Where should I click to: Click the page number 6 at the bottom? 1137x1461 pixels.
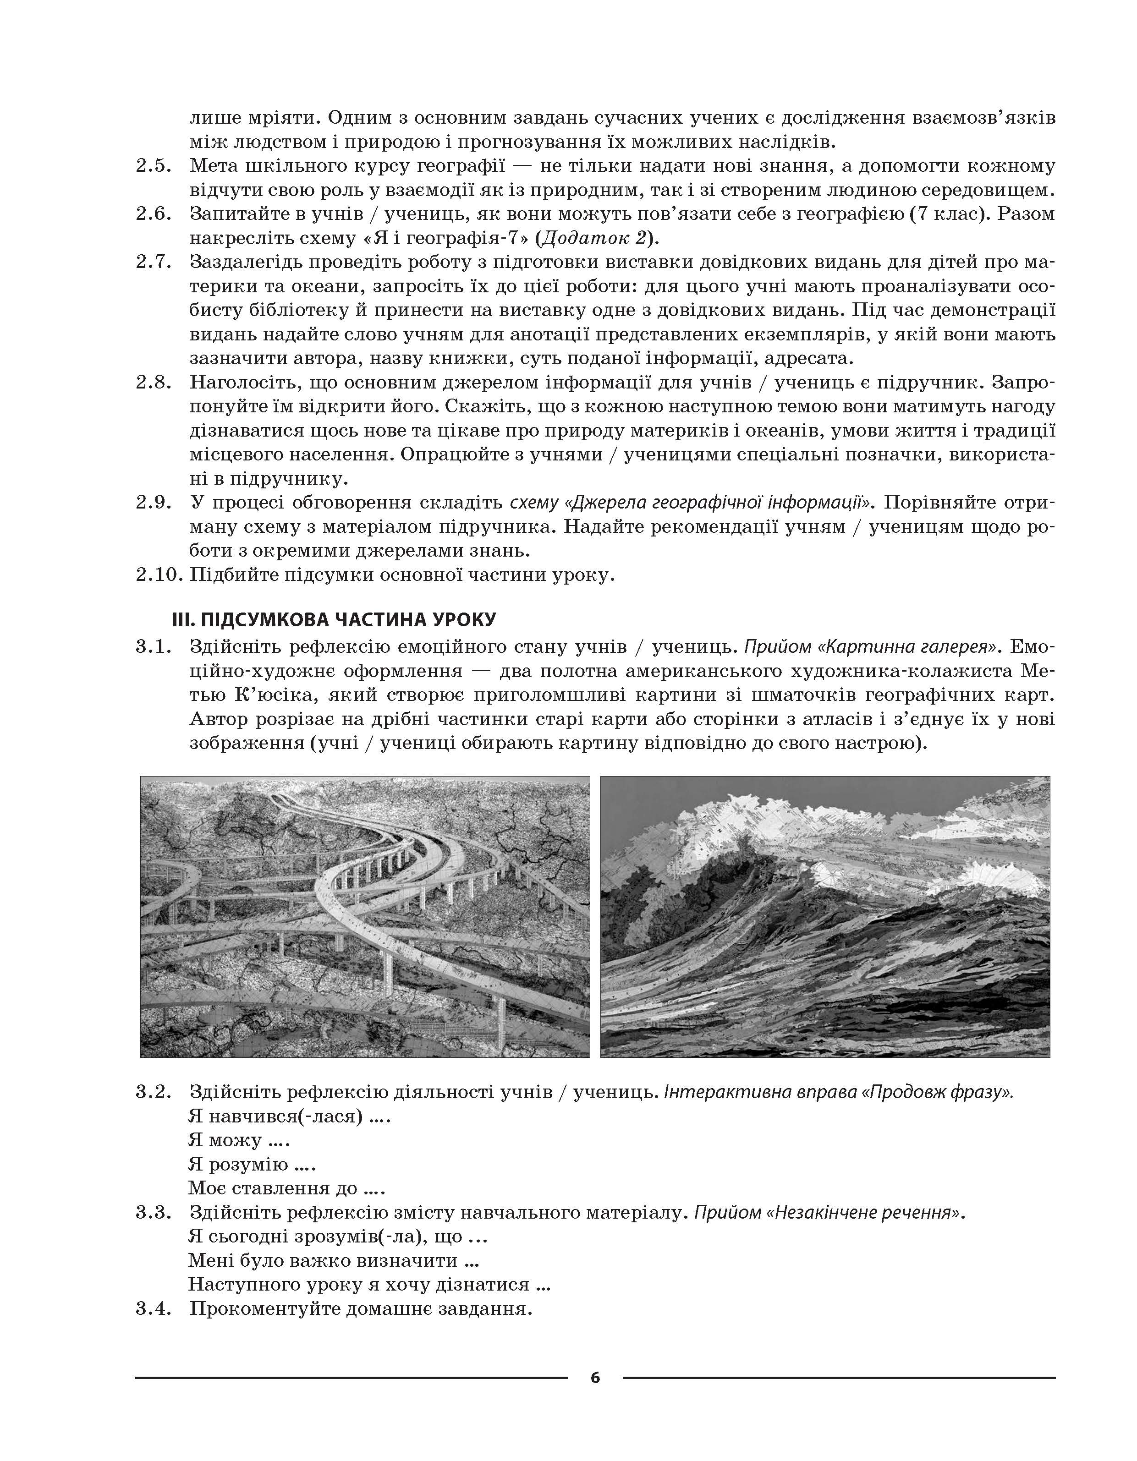tap(595, 1377)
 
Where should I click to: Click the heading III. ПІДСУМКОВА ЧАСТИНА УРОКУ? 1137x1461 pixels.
tap(334, 619)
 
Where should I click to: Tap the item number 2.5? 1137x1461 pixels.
tap(154, 166)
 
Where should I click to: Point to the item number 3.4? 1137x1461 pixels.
tap(154, 1308)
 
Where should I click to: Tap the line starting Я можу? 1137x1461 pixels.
tap(239, 1139)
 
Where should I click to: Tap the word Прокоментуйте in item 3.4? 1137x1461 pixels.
tap(266, 1308)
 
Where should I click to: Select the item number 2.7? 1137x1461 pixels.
tap(154, 262)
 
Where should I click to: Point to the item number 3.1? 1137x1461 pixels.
tap(154, 647)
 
